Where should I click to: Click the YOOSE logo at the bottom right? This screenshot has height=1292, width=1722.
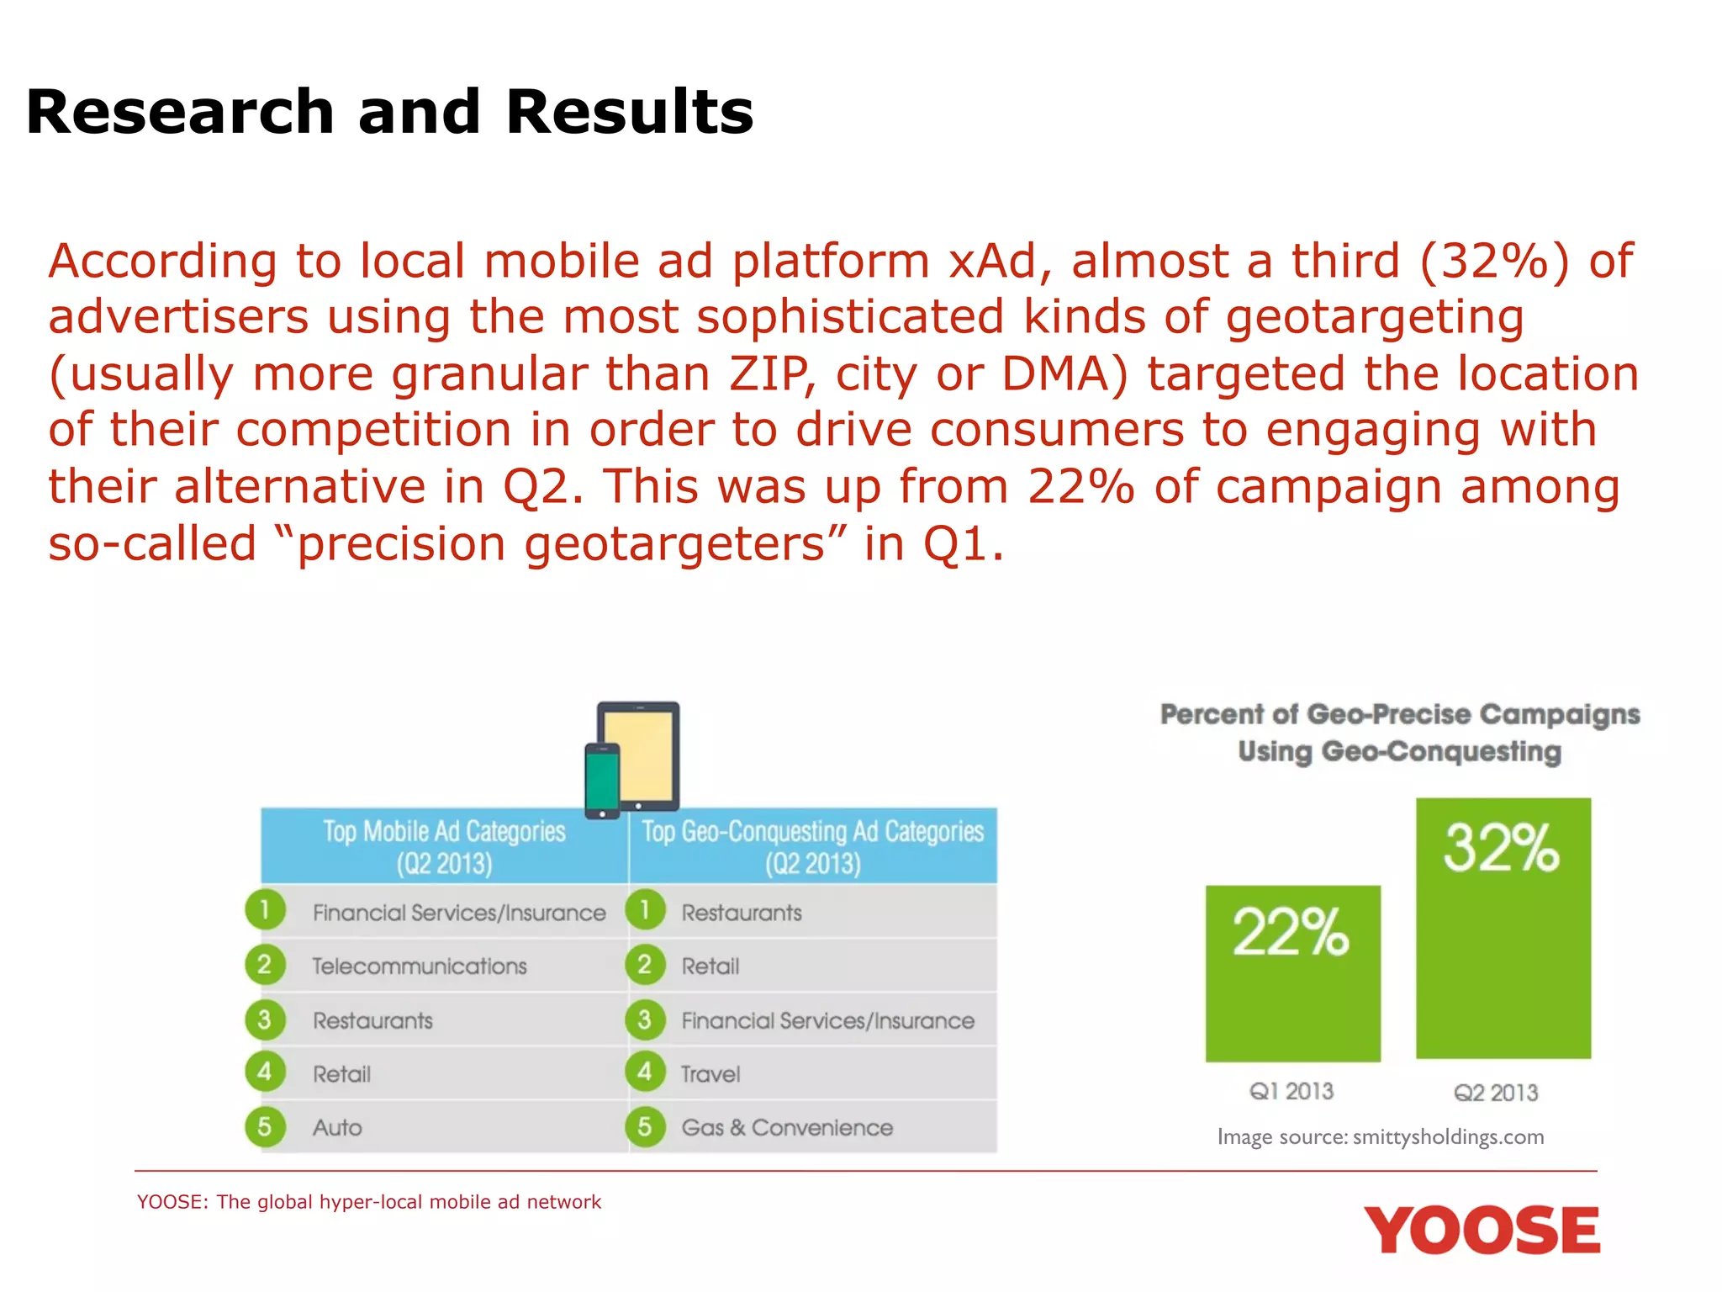coord(1482,1231)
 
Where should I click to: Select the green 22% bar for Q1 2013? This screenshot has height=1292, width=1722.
coord(1292,973)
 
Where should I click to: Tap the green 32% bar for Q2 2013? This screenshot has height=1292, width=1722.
coord(1503,928)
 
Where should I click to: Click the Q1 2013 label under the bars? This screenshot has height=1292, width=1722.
coord(1291,1091)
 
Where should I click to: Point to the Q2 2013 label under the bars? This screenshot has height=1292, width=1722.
coord(1496,1093)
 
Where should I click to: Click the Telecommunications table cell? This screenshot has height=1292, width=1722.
coord(419,966)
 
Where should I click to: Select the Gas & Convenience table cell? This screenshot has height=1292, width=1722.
coord(787,1127)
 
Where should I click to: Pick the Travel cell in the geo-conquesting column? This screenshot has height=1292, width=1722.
coord(710,1074)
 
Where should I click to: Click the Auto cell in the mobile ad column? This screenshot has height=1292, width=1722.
coord(337,1127)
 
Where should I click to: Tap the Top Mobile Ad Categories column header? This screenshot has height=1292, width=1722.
coord(444,846)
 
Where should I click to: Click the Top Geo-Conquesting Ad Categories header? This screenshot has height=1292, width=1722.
coord(812,846)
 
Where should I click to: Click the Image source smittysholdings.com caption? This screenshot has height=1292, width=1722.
coord(1381,1137)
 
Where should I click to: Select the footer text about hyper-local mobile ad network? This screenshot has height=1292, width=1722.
coord(369,1202)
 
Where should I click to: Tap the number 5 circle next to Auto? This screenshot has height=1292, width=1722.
coord(265,1127)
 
